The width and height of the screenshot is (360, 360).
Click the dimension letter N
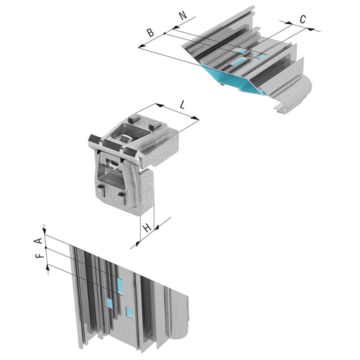pyautogui.click(x=183, y=16)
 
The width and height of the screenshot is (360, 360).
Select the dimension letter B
pyautogui.click(x=150, y=32)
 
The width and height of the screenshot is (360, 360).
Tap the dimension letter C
pyautogui.click(x=303, y=19)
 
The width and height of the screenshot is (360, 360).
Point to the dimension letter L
pyautogui.click(x=182, y=105)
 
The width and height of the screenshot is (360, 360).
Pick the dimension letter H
pyautogui.click(x=147, y=228)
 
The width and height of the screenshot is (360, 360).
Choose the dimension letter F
pyautogui.click(x=40, y=256)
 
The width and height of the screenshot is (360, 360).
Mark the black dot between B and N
pyautogui.click(x=164, y=33)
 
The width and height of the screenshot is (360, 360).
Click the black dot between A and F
pyautogui.click(x=45, y=248)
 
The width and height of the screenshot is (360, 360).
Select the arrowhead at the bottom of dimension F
pyautogui.click(x=48, y=267)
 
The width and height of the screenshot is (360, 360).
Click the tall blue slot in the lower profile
pyautogui.click(x=120, y=285)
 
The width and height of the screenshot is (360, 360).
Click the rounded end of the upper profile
pyautogui.click(x=298, y=92)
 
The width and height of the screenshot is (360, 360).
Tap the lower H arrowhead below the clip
pyautogui.click(x=138, y=243)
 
